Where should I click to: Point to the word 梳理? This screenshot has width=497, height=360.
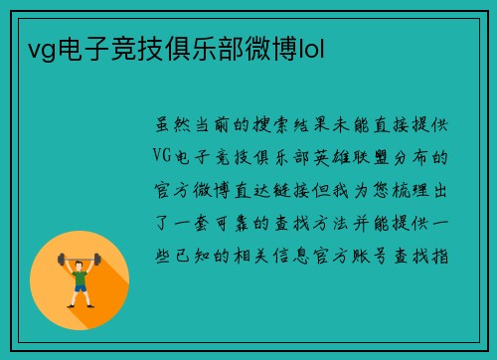[x=413, y=190]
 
